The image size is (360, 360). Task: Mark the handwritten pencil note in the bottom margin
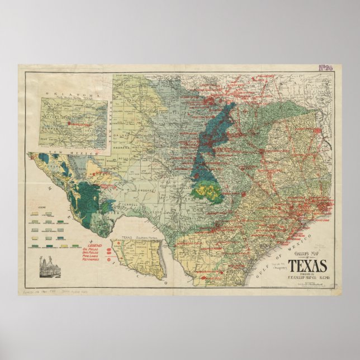[56, 292]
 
